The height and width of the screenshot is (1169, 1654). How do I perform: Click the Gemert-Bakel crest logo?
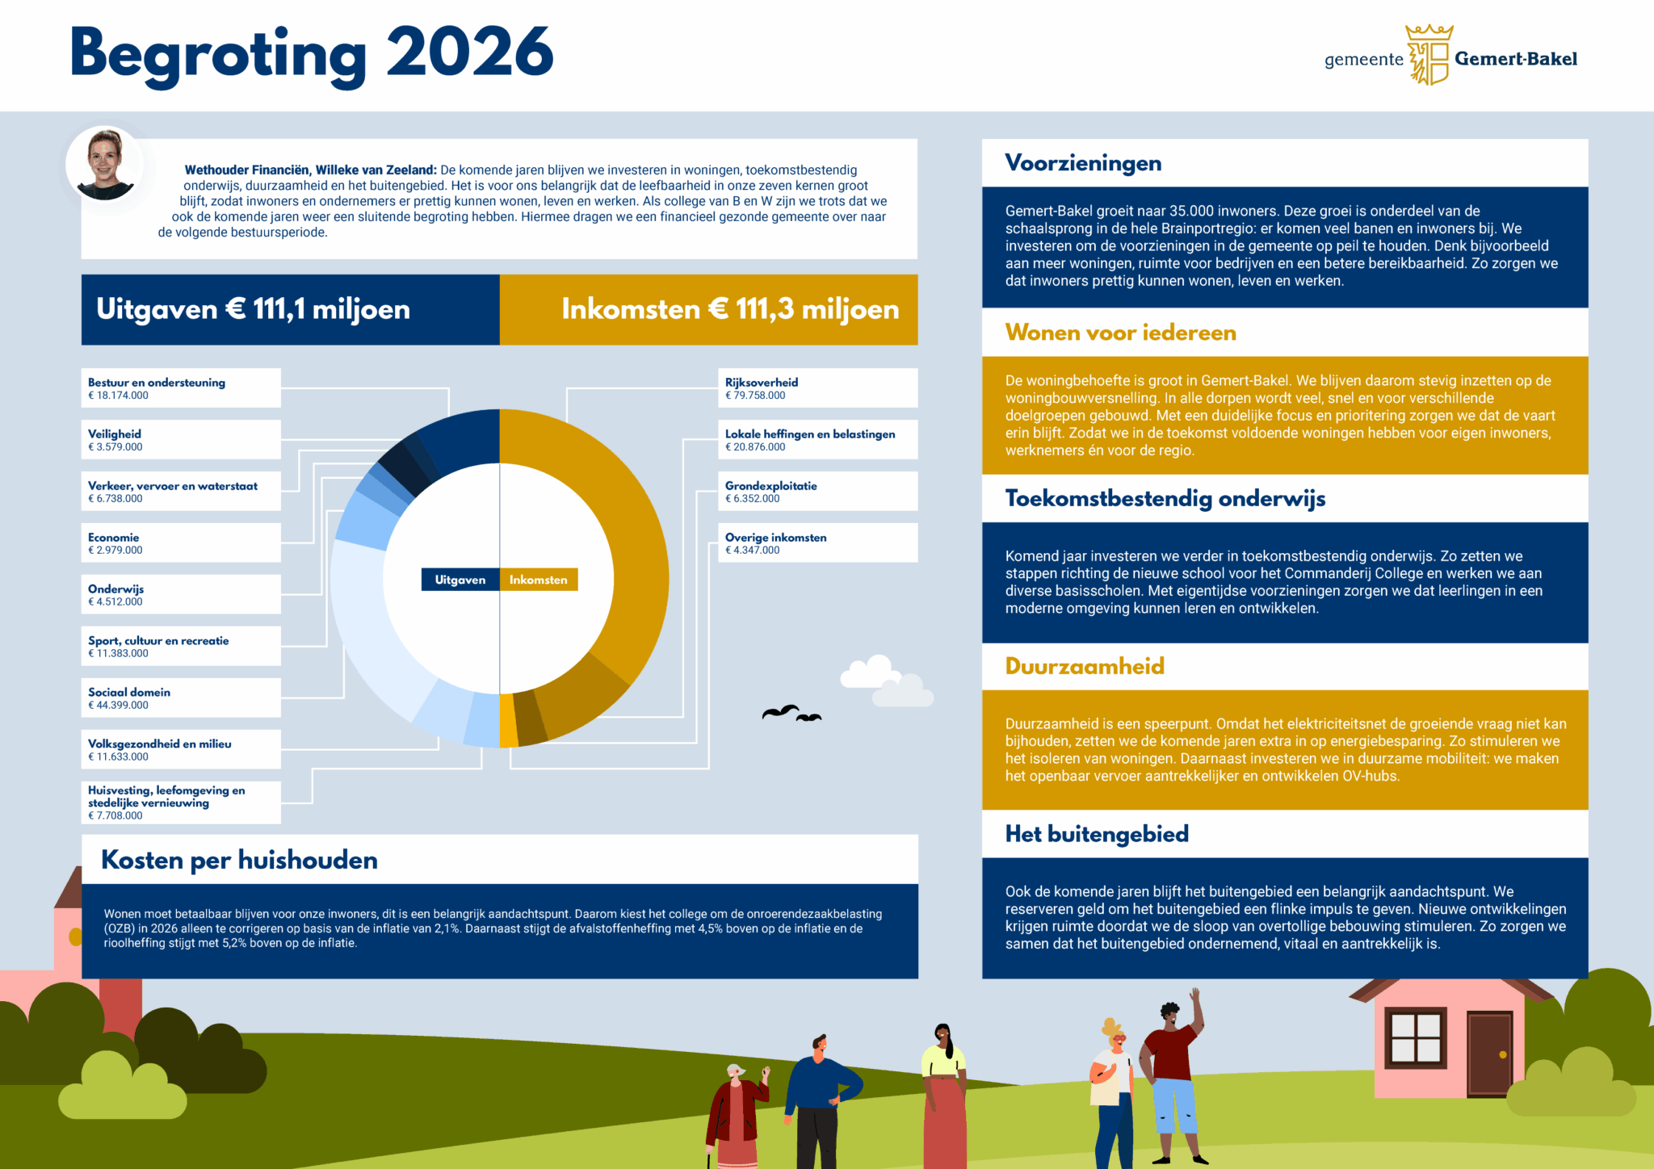click(x=1429, y=55)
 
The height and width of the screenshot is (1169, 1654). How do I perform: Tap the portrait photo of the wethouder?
click(x=105, y=164)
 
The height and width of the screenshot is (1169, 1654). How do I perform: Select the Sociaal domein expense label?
click(x=129, y=693)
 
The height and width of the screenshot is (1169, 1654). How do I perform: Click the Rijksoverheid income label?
click(x=762, y=383)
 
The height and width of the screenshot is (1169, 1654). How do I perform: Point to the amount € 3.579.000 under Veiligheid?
click(x=115, y=447)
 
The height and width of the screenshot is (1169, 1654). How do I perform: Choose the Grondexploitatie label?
click(x=770, y=486)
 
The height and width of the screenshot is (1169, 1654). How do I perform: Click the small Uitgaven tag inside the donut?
click(x=460, y=580)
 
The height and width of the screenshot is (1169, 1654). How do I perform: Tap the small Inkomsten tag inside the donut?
click(x=539, y=580)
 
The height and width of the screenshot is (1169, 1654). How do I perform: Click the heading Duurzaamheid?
click(x=1085, y=666)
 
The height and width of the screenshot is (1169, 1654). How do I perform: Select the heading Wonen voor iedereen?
click(x=1120, y=333)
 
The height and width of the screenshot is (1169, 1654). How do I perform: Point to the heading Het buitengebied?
click(x=1097, y=834)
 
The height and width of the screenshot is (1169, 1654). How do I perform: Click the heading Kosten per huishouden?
click(x=239, y=860)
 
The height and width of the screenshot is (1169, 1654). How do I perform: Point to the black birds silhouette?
click(x=791, y=714)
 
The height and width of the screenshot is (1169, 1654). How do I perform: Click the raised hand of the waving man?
click(x=1194, y=996)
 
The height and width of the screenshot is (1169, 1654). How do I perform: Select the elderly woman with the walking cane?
click(x=733, y=1118)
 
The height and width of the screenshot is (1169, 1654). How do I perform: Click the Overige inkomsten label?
click(x=775, y=538)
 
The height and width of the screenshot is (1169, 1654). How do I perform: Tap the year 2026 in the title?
click(x=469, y=53)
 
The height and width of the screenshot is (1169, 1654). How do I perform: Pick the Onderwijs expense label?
click(x=115, y=589)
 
